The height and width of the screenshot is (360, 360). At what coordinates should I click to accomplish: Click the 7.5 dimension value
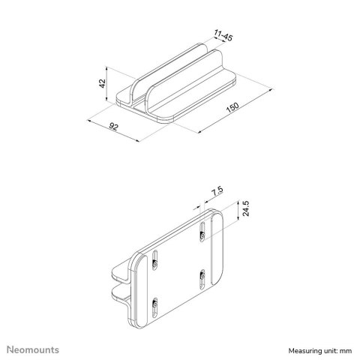[217, 193]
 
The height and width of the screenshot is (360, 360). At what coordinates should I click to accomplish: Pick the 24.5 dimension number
[245, 209]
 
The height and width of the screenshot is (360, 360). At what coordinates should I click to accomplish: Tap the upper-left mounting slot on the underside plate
[155, 261]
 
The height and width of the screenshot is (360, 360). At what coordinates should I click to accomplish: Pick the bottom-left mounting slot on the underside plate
[155, 305]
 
